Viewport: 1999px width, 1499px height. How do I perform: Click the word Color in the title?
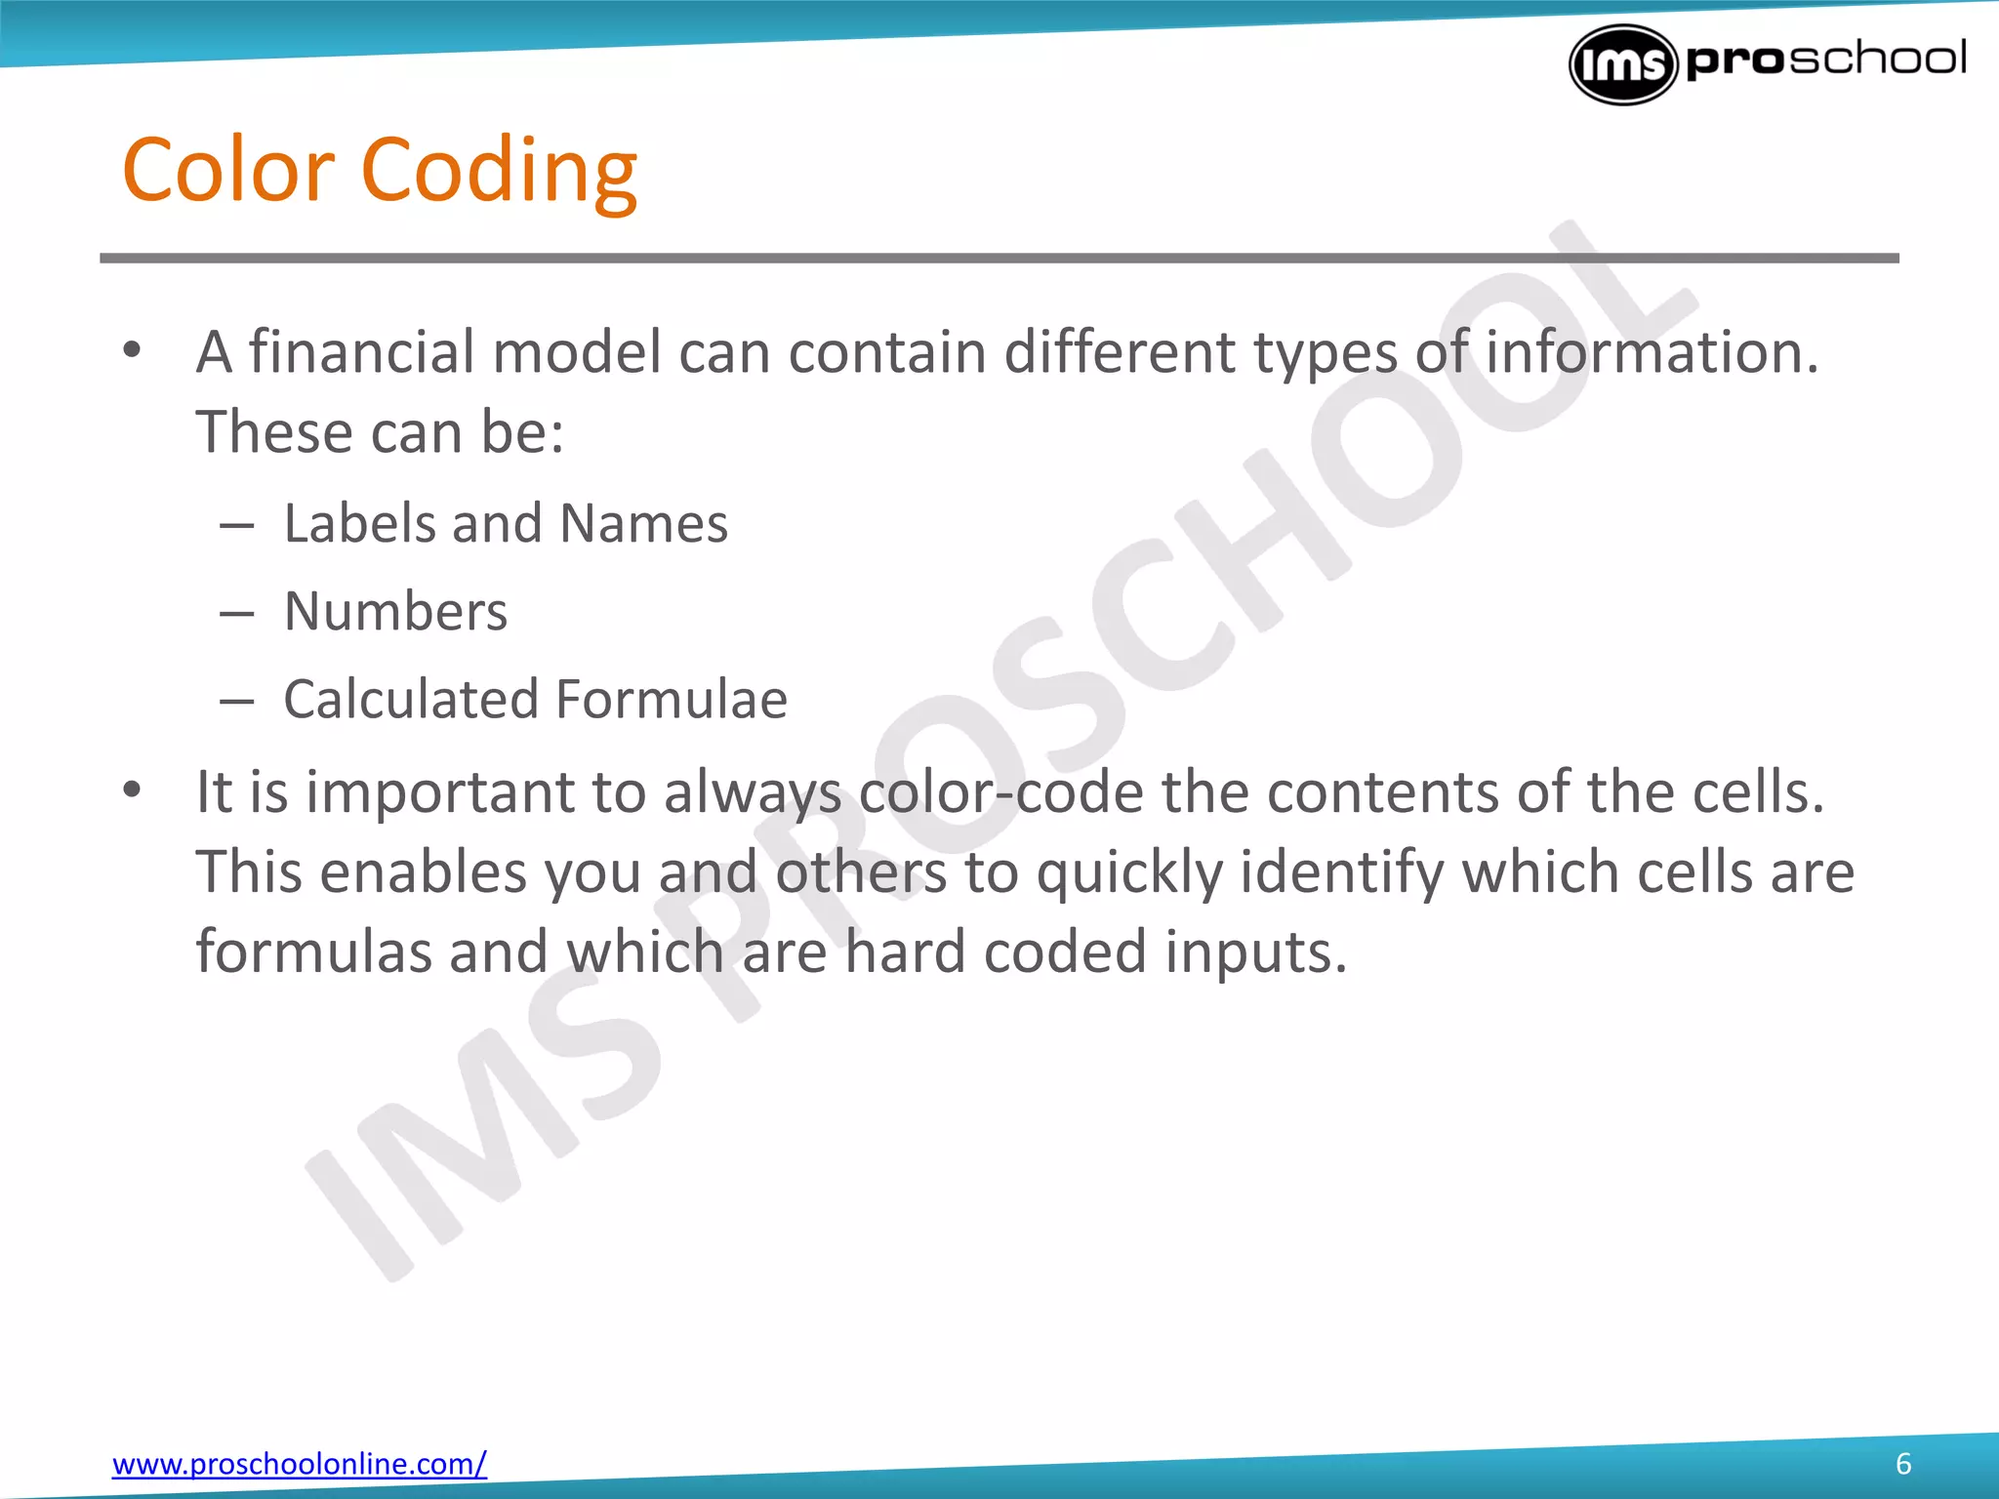[x=228, y=170]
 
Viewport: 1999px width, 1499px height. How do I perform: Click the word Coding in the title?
[x=499, y=172]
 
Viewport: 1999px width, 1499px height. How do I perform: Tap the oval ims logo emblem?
[x=1622, y=64]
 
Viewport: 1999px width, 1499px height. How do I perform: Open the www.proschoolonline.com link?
[x=299, y=1464]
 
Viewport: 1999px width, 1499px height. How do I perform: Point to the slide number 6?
[x=1903, y=1464]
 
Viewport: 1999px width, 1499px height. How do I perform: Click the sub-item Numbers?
[x=395, y=612]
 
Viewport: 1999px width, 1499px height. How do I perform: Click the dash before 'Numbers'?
[x=236, y=614]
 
